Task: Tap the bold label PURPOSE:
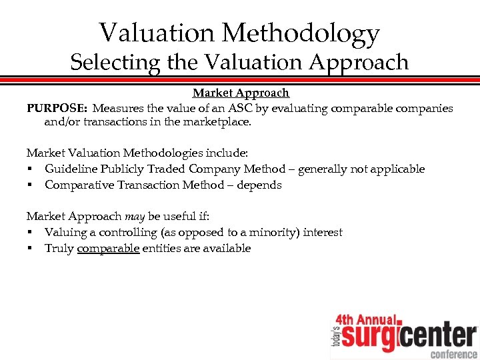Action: (x=57, y=108)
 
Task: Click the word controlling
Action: (x=127, y=232)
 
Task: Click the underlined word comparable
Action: (x=109, y=248)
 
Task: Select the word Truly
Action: (x=59, y=248)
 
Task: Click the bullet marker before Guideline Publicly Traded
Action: (x=31, y=169)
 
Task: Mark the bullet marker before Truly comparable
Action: (x=31, y=248)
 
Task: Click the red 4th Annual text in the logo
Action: (x=365, y=319)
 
